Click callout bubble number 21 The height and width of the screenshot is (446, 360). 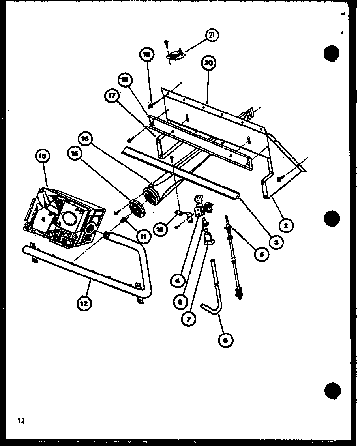click(x=212, y=36)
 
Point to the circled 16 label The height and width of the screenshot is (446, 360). click(x=86, y=139)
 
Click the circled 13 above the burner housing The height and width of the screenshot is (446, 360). click(x=42, y=157)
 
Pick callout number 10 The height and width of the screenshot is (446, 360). click(x=159, y=229)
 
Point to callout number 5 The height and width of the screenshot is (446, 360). click(x=261, y=254)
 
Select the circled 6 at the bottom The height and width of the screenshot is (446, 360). click(x=226, y=341)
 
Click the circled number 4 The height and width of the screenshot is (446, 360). click(x=178, y=281)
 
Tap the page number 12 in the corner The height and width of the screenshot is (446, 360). click(x=21, y=421)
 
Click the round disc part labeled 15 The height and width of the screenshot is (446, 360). click(x=136, y=207)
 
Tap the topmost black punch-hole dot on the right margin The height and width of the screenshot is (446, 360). click(x=332, y=53)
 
